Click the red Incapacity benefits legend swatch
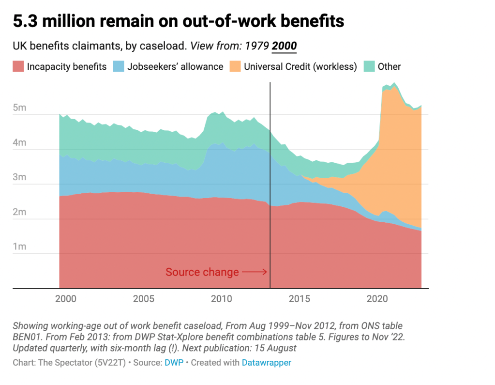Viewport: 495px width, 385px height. [18, 67]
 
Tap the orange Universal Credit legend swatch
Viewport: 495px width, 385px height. [235, 67]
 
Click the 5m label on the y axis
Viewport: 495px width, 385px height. [19, 108]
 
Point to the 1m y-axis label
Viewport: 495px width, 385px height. [19, 247]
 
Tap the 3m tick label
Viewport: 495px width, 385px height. [19, 178]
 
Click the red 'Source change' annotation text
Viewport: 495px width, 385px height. [202, 272]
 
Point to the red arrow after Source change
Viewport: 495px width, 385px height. [255, 272]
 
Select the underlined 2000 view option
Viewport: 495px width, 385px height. [285, 46]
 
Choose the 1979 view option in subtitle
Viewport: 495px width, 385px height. [257, 46]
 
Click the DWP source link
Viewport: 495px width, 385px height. [174, 362]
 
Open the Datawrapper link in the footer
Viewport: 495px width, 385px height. [267, 362]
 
